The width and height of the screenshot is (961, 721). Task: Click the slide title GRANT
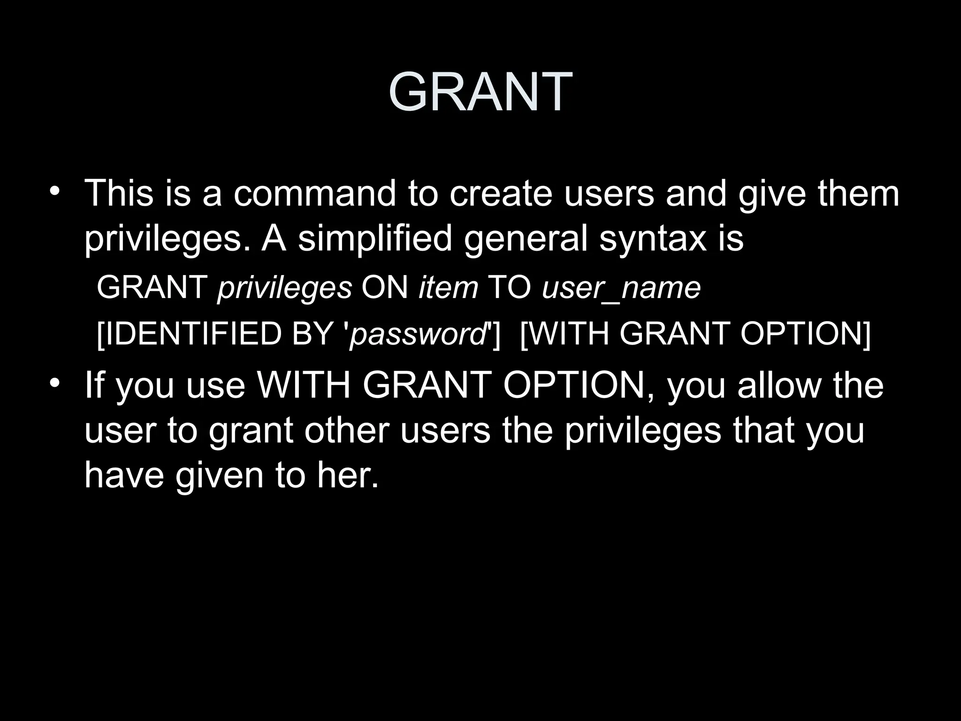point(480,92)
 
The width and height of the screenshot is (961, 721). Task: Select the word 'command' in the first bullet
point(314,193)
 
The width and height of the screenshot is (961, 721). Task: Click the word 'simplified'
point(375,238)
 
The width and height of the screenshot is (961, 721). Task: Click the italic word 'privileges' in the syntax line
point(284,288)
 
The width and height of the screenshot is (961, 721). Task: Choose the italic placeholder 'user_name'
point(621,288)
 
